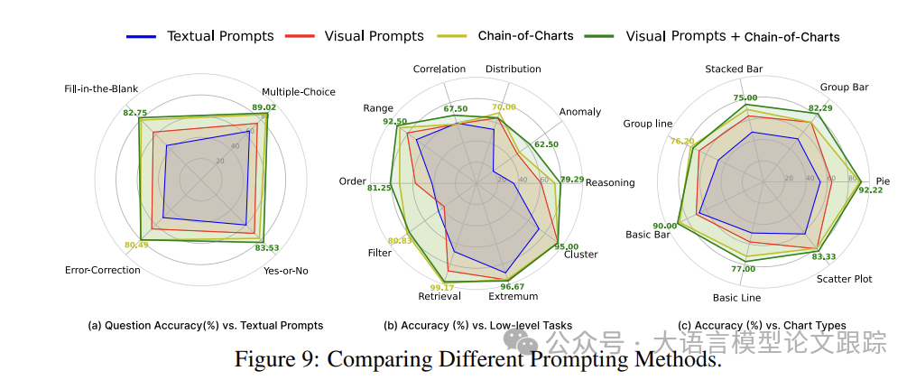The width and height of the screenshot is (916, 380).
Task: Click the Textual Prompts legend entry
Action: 220,36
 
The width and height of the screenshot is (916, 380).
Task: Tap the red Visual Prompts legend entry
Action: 373,36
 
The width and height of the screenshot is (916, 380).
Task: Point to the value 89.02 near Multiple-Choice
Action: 264,107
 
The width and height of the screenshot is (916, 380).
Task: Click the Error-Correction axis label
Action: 103,270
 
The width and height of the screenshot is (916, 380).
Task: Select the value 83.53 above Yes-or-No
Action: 267,247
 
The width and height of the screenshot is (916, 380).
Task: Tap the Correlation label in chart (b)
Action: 439,69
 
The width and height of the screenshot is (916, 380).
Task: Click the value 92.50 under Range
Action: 394,121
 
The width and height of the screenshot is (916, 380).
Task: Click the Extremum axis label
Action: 513,296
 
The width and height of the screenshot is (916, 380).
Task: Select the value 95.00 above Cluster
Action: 567,246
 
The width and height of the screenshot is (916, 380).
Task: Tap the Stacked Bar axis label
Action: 734,69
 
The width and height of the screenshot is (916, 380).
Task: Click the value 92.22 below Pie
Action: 871,190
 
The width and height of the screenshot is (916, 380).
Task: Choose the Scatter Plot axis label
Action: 844,279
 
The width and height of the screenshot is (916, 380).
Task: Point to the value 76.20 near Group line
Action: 682,141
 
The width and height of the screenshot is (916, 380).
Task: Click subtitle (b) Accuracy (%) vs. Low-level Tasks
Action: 477,326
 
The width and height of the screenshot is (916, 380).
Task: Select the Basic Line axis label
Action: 736,297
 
